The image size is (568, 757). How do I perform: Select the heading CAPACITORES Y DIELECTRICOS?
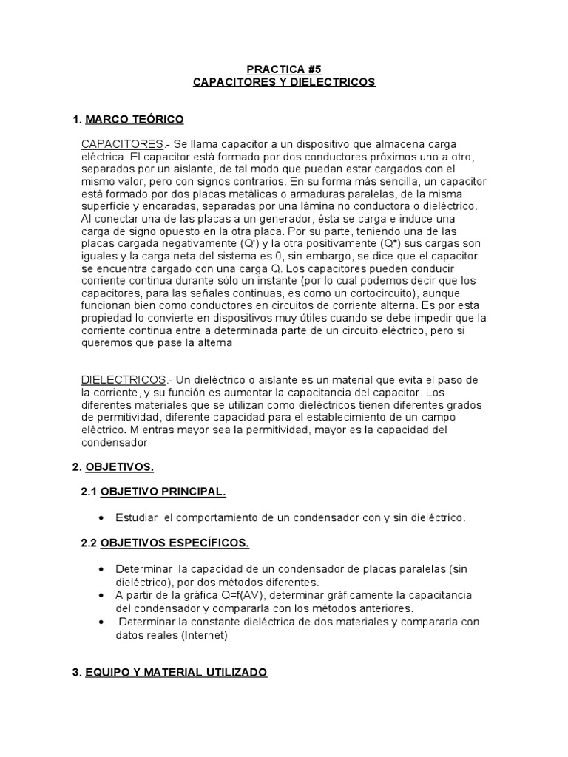pyautogui.click(x=284, y=82)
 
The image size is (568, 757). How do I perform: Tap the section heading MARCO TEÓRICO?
pyautogui.click(x=135, y=119)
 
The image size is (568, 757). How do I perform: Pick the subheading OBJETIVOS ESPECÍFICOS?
pyautogui.click(x=175, y=543)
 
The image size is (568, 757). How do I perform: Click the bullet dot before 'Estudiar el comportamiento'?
pyautogui.click(x=101, y=518)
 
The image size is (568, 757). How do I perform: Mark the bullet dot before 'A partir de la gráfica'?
pyautogui.click(x=101, y=595)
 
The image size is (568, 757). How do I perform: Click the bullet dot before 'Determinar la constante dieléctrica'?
pyautogui.click(x=101, y=622)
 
